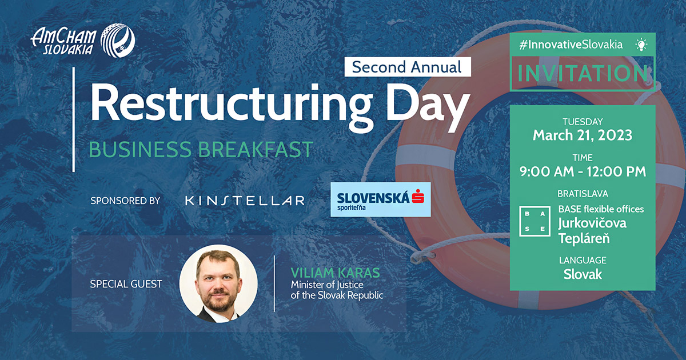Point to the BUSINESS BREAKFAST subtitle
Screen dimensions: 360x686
(x=201, y=149)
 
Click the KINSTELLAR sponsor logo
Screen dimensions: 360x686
(x=245, y=201)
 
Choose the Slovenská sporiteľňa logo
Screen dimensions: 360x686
(x=381, y=199)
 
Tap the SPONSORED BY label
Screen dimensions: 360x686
(x=125, y=201)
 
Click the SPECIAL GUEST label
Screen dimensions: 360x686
(x=126, y=283)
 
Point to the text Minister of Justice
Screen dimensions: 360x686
(x=327, y=284)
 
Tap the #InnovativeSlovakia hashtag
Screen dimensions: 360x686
(x=571, y=45)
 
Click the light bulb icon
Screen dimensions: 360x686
(x=641, y=45)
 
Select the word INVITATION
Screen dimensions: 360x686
(x=582, y=74)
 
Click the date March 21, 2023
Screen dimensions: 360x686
(x=582, y=135)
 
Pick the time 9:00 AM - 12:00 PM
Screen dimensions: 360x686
(x=582, y=171)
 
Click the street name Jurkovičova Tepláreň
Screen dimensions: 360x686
(x=592, y=230)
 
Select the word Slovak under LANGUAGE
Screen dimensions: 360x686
(x=582, y=274)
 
